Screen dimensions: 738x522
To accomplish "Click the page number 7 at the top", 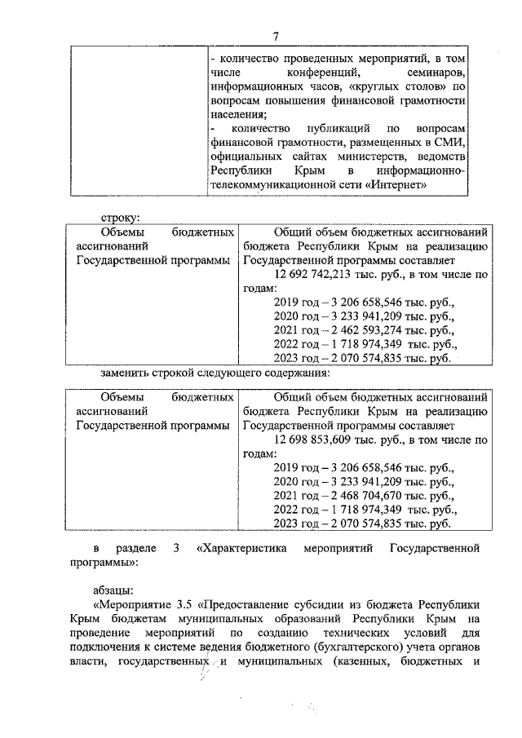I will point(276,34).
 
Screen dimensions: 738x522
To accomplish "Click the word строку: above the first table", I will point(120,218).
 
